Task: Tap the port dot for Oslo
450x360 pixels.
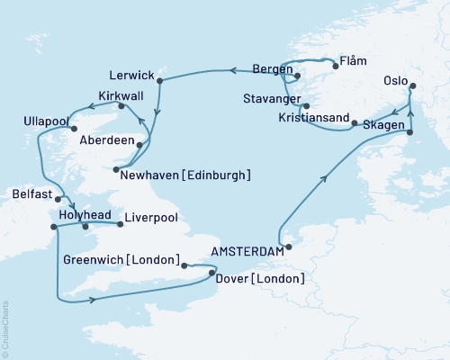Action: tap(412, 86)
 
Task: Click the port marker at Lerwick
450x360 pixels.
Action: tap(159, 81)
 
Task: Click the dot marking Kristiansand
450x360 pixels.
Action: tap(354, 122)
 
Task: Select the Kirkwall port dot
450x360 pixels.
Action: tap(124, 107)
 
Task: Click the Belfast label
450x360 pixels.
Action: tap(24, 192)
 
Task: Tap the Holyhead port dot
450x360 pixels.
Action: tap(87, 226)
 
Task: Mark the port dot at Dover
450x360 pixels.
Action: tap(212, 271)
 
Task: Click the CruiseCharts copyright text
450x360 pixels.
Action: tap(5, 329)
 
